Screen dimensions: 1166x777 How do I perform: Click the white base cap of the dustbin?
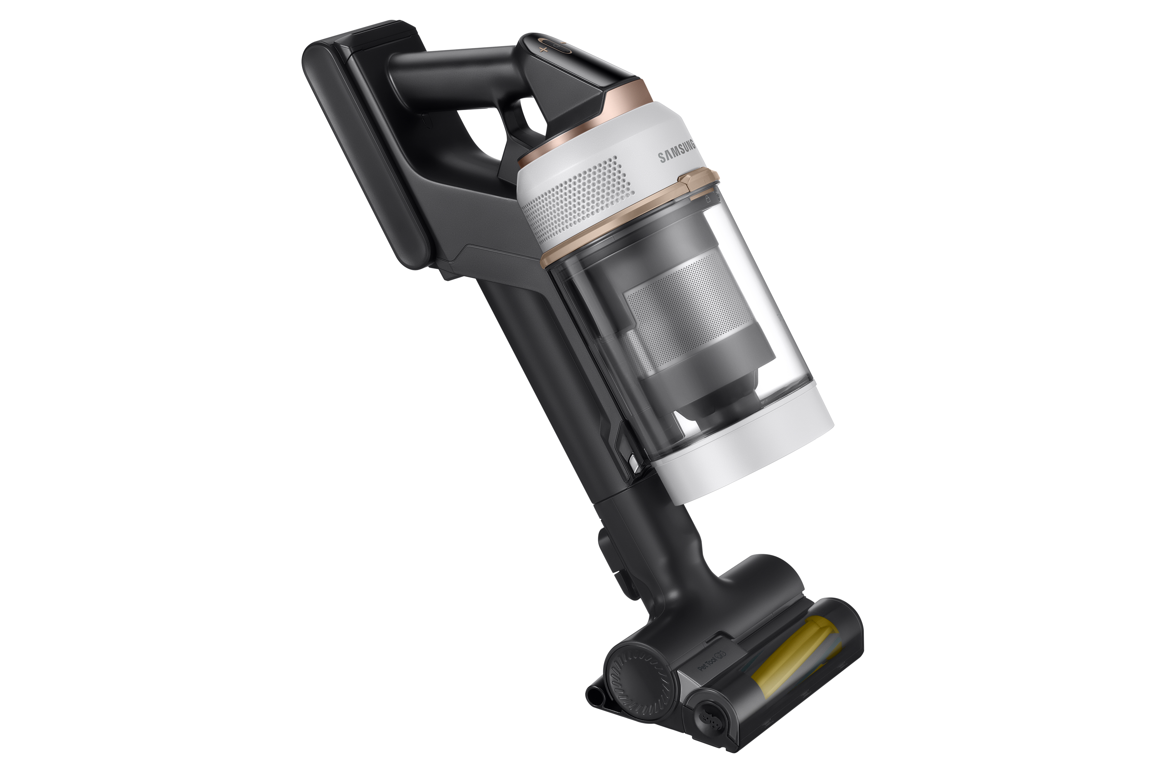point(744,446)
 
